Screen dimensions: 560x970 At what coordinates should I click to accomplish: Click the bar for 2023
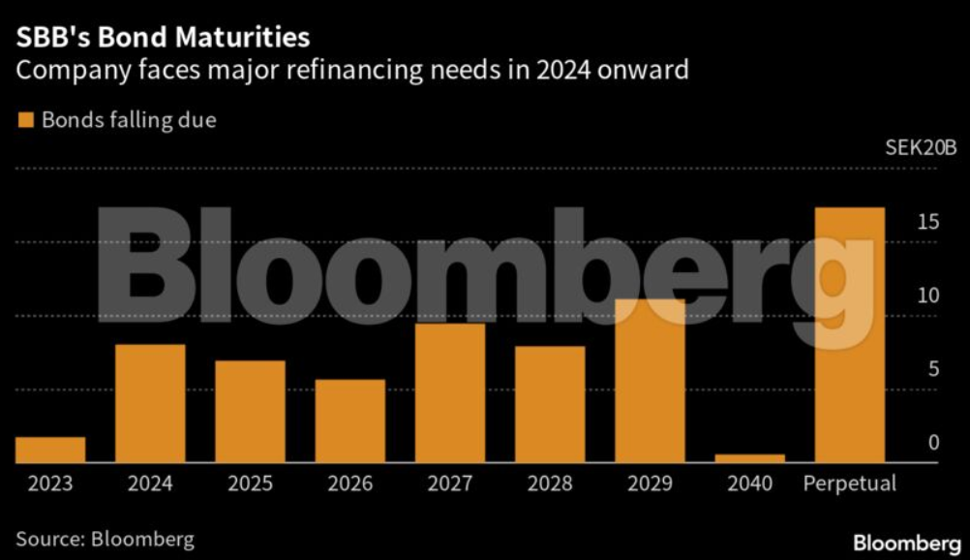tap(50, 451)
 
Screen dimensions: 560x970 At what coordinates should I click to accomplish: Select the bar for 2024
tap(150, 404)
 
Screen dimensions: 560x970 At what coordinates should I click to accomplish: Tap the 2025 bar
tap(250, 412)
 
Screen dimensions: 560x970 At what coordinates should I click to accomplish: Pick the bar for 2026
tap(349, 421)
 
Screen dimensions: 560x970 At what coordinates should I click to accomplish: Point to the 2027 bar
tap(449, 393)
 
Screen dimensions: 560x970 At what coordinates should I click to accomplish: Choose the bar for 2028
tap(549, 405)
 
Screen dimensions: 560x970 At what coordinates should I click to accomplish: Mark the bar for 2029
tap(650, 382)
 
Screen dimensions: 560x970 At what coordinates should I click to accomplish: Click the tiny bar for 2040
tap(749, 458)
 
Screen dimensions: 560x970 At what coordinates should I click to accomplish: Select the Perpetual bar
tap(849, 335)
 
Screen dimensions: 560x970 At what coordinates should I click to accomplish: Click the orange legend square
tap(25, 120)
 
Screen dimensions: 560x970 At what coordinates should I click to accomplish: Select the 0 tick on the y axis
tap(933, 443)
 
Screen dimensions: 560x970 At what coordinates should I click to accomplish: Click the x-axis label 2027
tap(449, 482)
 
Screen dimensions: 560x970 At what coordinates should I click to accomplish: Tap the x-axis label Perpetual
tap(850, 482)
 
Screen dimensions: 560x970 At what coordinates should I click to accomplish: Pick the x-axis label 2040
tap(748, 482)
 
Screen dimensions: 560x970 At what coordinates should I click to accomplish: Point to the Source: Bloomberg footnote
tap(105, 539)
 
